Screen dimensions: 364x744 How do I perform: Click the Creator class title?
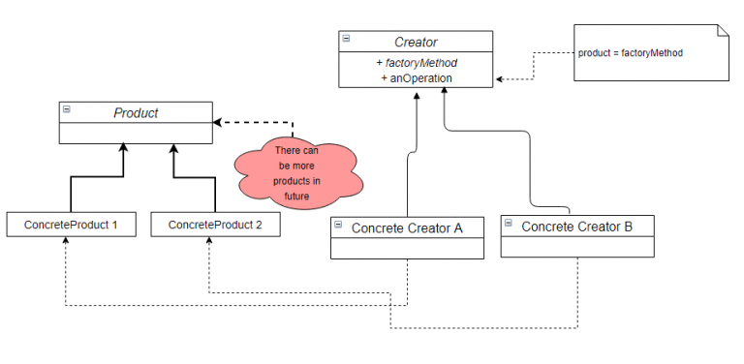[x=416, y=42]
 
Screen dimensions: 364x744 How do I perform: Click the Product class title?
[x=136, y=112]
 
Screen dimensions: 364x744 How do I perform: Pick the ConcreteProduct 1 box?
[x=72, y=225]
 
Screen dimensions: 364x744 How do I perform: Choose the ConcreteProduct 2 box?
[x=216, y=225]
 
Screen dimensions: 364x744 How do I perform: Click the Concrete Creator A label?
[x=407, y=227]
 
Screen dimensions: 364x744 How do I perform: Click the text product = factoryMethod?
[x=631, y=52]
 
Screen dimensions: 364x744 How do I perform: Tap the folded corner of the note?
[x=720, y=31]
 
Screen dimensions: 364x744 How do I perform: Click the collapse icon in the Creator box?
[x=347, y=40]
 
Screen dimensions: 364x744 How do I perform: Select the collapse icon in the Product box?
[x=67, y=110]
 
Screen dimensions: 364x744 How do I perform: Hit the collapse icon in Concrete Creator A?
[x=338, y=226]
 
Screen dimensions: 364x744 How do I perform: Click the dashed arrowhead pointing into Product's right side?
[x=219, y=123]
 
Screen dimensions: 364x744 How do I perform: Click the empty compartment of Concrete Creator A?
[x=407, y=249]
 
